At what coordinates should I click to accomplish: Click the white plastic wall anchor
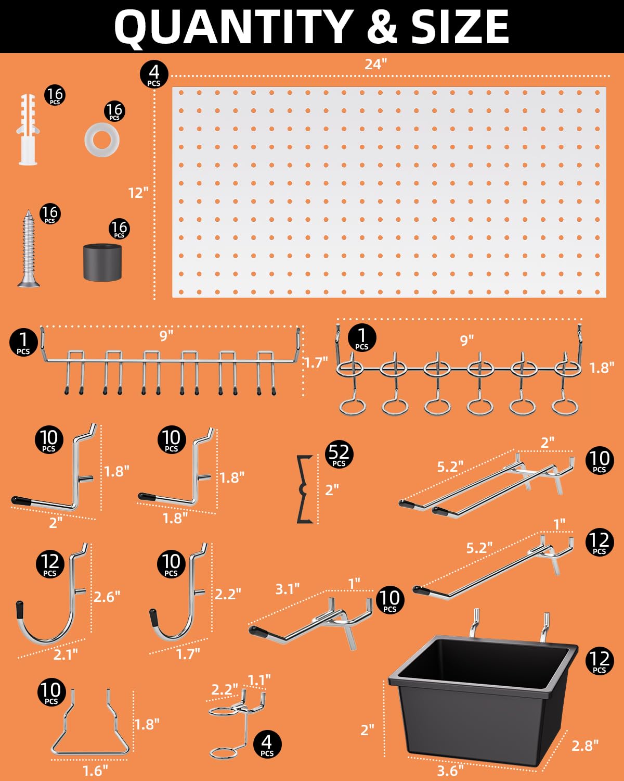pyautogui.click(x=28, y=130)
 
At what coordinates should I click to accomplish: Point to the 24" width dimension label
pyautogui.click(x=375, y=64)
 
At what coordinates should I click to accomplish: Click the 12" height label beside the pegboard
pyautogui.click(x=138, y=193)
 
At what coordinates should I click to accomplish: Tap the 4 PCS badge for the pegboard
pyautogui.click(x=154, y=74)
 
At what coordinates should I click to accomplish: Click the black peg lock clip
pyautogui.click(x=304, y=489)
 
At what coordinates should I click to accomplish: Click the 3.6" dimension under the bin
pyautogui.click(x=450, y=770)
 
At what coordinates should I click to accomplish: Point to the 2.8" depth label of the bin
pyautogui.click(x=585, y=746)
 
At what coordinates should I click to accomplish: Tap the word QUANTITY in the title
pyautogui.click(x=234, y=27)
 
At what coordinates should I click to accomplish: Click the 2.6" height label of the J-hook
pyautogui.click(x=107, y=597)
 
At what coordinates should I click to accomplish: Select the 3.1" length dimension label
pyautogui.click(x=287, y=589)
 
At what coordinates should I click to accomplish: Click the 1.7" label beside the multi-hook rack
pyautogui.click(x=315, y=362)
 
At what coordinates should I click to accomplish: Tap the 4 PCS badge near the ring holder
pyautogui.click(x=267, y=744)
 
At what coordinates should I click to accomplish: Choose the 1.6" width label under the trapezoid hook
pyautogui.click(x=95, y=770)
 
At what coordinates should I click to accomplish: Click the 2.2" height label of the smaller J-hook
pyautogui.click(x=228, y=594)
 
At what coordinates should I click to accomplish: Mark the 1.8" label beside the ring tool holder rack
pyautogui.click(x=602, y=368)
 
